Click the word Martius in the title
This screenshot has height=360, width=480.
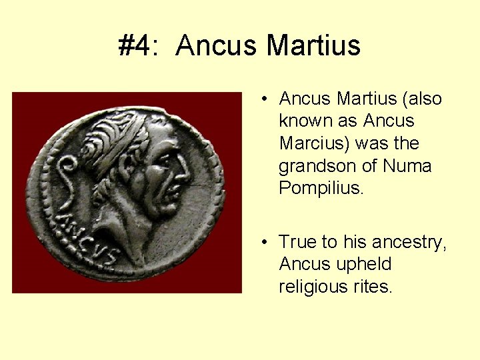[x=313, y=46]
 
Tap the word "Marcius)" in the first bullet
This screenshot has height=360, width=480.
[x=313, y=143]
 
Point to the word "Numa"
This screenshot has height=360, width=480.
[x=407, y=165]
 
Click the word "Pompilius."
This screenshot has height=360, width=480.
[x=321, y=188]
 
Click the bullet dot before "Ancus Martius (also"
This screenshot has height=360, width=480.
[x=265, y=99]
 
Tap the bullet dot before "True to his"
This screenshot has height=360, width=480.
[x=265, y=242]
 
